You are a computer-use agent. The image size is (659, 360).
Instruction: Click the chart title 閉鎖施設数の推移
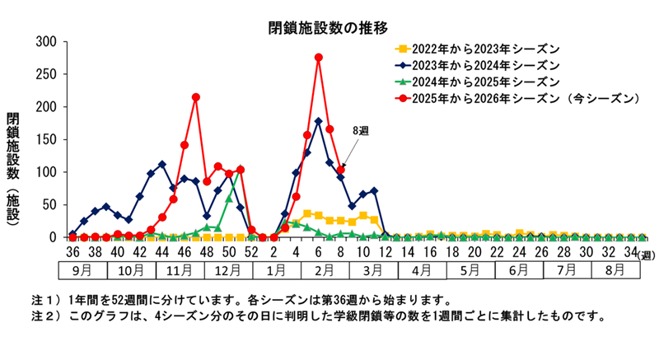point(328,28)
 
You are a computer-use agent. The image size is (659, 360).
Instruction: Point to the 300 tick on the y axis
point(46,42)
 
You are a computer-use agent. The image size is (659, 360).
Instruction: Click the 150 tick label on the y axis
point(46,140)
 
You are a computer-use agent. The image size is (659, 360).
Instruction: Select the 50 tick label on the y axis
point(49,205)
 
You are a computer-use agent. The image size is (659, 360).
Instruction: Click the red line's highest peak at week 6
point(318,58)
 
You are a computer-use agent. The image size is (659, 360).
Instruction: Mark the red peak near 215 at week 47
point(195,97)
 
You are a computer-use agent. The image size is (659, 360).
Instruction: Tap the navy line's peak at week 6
point(318,121)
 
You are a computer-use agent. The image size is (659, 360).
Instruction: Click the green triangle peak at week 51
point(240,171)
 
